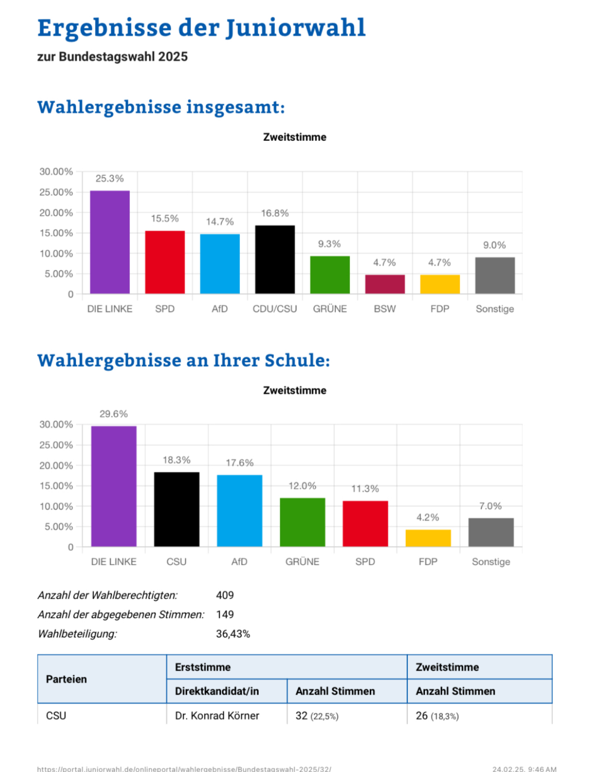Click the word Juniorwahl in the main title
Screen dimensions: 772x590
pos(295,28)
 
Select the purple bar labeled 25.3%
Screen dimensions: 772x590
pos(110,242)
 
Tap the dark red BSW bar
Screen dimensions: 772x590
pos(385,284)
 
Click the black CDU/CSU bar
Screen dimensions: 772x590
pos(274,259)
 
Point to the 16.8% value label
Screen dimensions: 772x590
pos(274,213)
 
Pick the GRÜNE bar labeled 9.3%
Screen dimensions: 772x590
pos(330,275)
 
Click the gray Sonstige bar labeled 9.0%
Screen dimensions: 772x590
pos(495,275)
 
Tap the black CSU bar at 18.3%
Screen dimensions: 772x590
pos(177,509)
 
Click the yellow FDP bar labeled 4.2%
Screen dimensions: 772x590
pos(428,538)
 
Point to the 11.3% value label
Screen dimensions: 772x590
pos(365,489)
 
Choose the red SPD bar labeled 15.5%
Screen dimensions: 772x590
pos(165,262)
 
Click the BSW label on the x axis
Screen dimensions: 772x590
pos(385,309)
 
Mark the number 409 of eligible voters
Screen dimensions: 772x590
pos(225,595)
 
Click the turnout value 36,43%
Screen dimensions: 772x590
pos(233,634)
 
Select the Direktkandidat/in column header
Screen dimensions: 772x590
pos(217,691)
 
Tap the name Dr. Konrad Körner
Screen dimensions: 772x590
pos(217,716)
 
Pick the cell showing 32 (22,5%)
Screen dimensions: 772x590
pos(317,716)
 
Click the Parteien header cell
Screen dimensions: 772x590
pos(66,679)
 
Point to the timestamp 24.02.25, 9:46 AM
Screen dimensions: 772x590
pos(524,769)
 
